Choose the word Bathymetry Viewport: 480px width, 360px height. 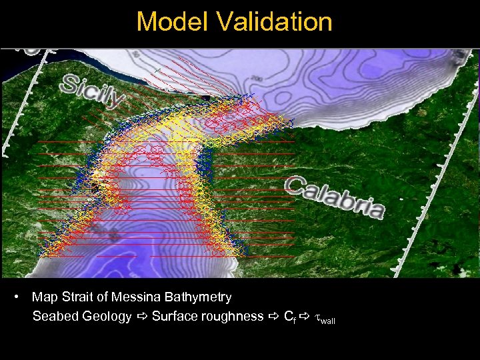click(198, 297)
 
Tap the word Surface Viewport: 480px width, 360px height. click(175, 317)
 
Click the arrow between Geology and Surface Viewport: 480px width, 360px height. click(141, 317)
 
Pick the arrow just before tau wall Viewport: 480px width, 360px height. click(305, 317)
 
